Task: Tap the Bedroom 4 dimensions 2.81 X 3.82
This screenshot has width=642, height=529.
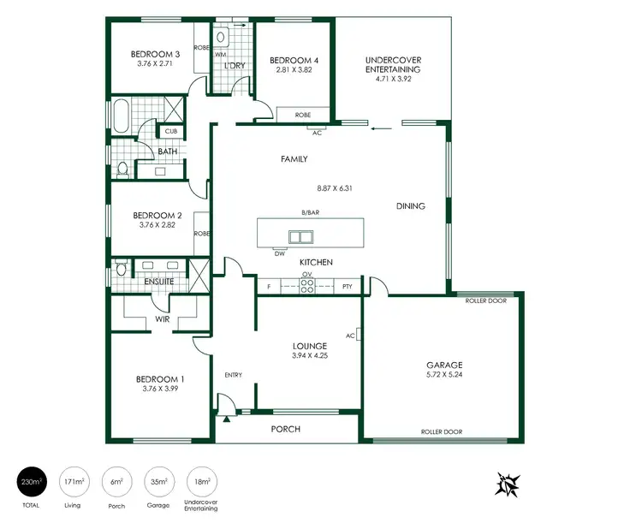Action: pyautogui.click(x=293, y=71)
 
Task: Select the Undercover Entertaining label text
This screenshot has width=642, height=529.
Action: pyautogui.click(x=392, y=64)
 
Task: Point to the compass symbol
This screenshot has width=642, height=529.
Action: pyautogui.click(x=508, y=484)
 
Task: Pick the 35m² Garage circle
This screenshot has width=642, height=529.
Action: pyautogui.click(x=158, y=484)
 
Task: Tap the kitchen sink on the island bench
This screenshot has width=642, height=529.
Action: pyautogui.click(x=300, y=237)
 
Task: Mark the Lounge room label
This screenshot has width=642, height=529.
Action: pyautogui.click(x=309, y=346)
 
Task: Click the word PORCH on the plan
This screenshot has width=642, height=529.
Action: pyautogui.click(x=285, y=429)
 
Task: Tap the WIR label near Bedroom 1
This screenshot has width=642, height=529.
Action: pyautogui.click(x=162, y=320)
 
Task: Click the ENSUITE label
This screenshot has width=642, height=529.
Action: pyautogui.click(x=159, y=281)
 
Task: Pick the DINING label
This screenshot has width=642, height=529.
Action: pyautogui.click(x=410, y=206)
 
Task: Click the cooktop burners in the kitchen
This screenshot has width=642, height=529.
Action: pyautogui.click(x=306, y=288)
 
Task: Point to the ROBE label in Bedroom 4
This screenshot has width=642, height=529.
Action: pyautogui.click(x=302, y=114)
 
